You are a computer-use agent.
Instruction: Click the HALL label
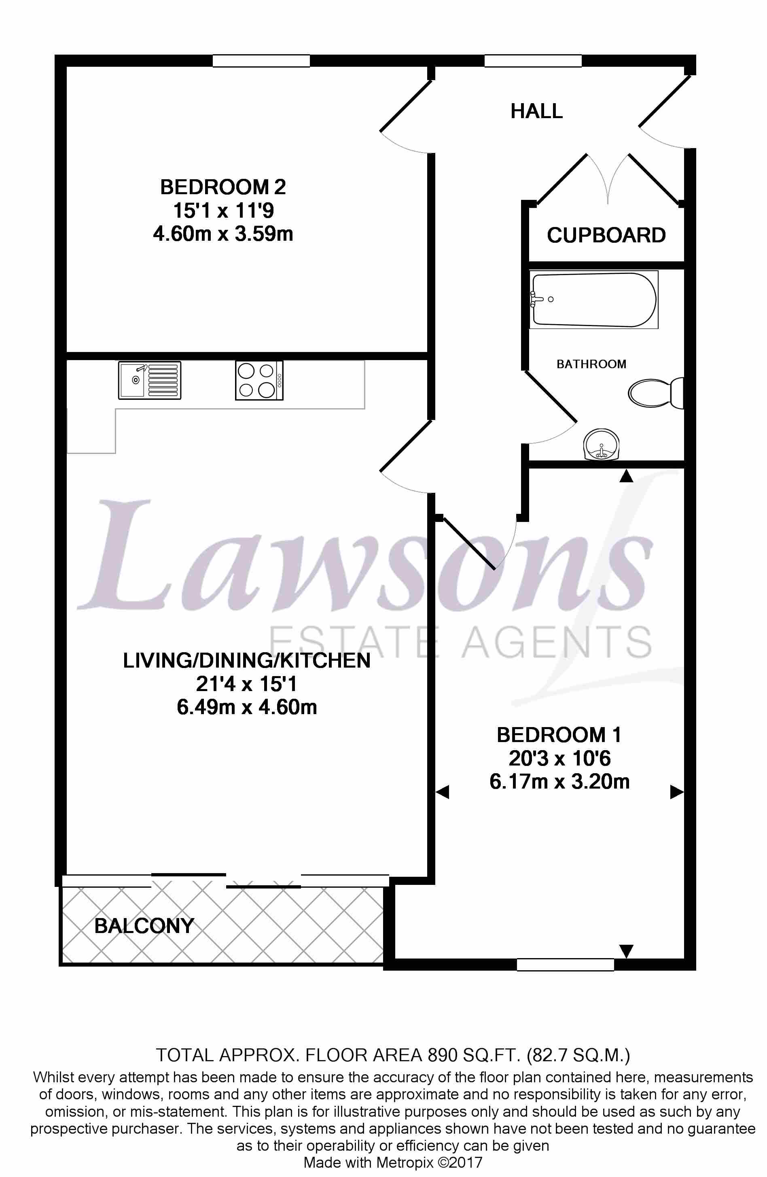[536, 111]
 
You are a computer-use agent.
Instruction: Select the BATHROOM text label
[591, 365]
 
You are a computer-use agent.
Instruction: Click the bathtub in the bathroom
[593, 299]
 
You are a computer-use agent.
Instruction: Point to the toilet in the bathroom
[655, 393]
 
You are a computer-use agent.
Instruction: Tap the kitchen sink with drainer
[149, 380]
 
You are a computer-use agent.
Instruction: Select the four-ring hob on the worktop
[258, 380]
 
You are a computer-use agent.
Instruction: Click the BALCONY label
[144, 926]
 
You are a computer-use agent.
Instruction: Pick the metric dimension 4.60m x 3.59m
[223, 234]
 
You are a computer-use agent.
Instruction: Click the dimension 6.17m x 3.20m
[559, 782]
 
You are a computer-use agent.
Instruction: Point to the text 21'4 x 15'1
[246, 684]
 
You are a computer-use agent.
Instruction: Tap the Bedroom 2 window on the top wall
[261, 61]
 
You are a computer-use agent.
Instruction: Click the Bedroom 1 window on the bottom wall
[565, 964]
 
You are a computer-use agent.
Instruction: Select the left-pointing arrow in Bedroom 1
[442, 792]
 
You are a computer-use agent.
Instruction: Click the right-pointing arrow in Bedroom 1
[676, 792]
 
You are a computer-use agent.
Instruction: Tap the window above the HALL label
[533, 61]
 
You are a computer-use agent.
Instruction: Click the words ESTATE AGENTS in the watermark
[460, 642]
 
